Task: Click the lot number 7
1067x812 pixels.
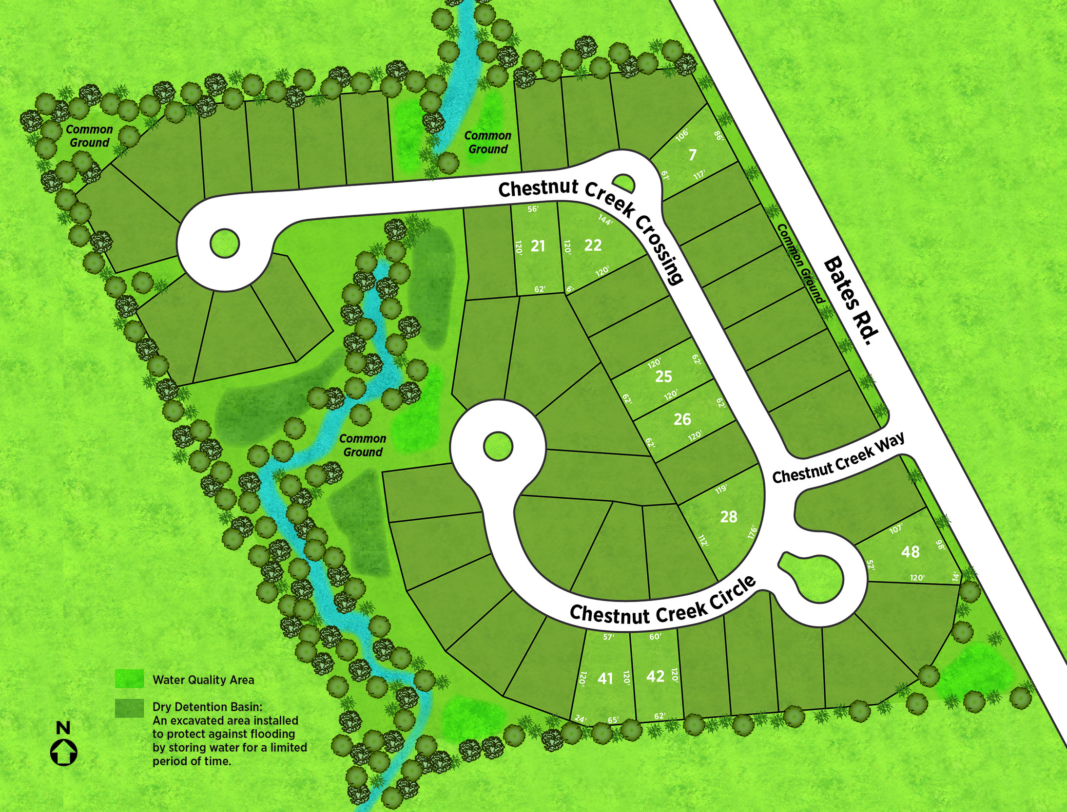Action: (x=692, y=155)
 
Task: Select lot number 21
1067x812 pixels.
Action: (x=538, y=246)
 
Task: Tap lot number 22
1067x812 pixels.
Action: (x=593, y=245)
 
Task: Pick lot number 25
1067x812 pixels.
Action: (x=663, y=376)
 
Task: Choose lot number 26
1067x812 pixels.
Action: (x=682, y=419)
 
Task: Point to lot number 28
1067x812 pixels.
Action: (x=729, y=517)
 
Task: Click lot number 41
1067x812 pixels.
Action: (x=605, y=678)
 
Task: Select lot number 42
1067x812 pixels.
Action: (x=655, y=676)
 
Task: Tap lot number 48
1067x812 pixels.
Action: (x=910, y=551)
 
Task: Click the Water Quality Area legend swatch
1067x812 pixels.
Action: (x=129, y=679)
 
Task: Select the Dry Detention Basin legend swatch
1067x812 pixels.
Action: (x=129, y=708)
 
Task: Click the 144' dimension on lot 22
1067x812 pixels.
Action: (x=605, y=220)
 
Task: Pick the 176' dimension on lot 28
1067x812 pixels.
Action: (x=753, y=532)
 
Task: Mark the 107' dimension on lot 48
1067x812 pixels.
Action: (x=896, y=529)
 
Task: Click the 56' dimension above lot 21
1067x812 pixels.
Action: (x=533, y=209)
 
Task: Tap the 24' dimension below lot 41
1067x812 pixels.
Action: (x=580, y=718)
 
